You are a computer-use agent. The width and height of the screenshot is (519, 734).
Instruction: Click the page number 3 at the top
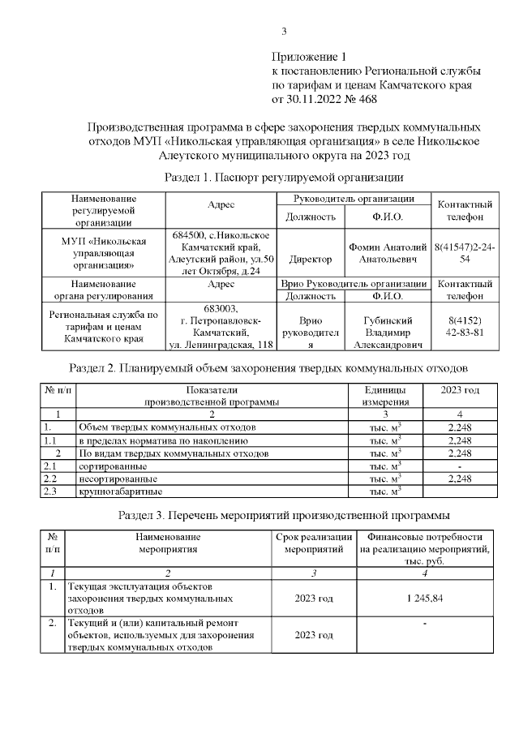pyautogui.click(x=284, y=32)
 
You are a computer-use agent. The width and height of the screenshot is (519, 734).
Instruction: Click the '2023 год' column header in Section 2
pyautogui.click(x=459, y=390)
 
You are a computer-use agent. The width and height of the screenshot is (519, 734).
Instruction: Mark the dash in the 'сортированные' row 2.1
pyautogui.click(x=459, y=466)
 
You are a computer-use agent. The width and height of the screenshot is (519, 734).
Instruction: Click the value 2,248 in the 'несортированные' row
pyautogui.click(x=459, y=479)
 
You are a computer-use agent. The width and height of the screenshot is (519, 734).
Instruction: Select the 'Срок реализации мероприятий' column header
pyautogui.click(x=314, y=543)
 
